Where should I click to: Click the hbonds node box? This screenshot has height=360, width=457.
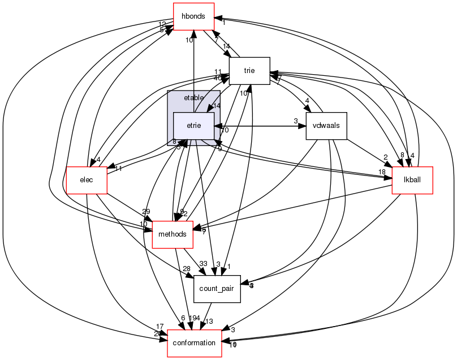tap(193, 16)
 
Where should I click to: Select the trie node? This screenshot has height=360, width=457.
tap(249, 71)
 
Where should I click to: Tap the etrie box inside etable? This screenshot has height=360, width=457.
tap(193, 126)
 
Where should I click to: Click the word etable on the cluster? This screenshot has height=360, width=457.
tap(193, 98)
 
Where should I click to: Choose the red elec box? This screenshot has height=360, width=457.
tap(87, 181)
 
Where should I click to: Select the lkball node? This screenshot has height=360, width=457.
tap(412, 181)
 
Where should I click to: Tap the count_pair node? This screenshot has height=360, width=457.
tap(217, 289)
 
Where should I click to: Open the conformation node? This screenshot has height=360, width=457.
tap(194, 343)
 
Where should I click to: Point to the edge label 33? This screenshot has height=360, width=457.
tap(203, 264)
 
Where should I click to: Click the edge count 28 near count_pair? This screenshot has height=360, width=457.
tap(186, 268)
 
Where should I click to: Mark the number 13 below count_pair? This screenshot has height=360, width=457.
tap(209, 322)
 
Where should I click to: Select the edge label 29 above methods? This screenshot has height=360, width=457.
tap(146, 211)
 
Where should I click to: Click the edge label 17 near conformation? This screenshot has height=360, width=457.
tap(160, 327)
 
